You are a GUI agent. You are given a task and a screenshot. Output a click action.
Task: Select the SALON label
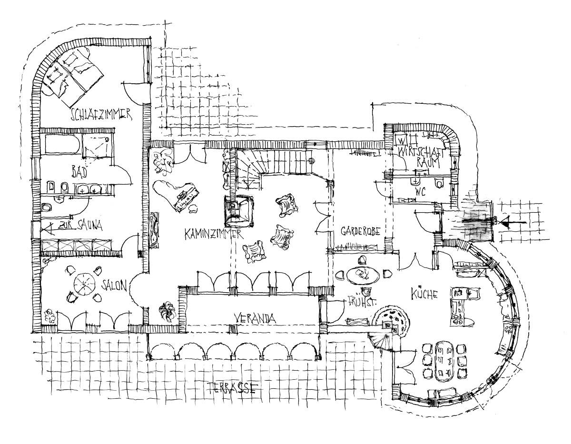pos(115,285)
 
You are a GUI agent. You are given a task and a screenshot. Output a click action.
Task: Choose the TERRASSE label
pos(232,388)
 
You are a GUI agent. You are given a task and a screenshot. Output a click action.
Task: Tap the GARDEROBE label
pos(360,232)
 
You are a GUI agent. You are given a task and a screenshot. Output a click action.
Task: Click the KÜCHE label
pos(422,294)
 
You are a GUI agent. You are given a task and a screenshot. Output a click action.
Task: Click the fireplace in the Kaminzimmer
pos(239,210)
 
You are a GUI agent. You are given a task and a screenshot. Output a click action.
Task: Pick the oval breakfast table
pos(363,275)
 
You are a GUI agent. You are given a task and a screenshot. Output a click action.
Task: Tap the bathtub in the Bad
pos(62,144)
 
